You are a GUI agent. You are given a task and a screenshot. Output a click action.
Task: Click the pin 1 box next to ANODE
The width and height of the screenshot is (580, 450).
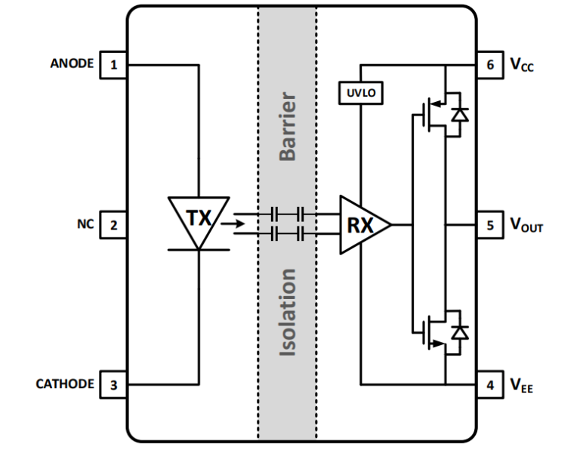114,64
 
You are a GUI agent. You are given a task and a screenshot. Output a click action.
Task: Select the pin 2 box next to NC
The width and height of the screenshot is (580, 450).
114,224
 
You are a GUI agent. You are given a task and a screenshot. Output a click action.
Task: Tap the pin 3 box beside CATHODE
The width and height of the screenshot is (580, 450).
114,384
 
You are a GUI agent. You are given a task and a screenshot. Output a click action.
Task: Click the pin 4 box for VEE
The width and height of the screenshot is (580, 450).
489,384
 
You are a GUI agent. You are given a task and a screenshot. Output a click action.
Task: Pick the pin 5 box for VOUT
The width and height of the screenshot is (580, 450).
489,224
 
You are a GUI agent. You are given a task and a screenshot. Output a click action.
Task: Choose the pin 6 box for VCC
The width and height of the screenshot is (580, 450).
489,64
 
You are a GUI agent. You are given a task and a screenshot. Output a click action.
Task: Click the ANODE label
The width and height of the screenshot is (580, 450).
72,63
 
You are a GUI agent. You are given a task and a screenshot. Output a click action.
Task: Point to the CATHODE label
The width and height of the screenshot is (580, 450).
65,384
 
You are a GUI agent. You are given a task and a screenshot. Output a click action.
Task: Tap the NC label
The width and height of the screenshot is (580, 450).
85,223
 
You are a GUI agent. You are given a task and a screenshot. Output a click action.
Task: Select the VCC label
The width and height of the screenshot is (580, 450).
520,65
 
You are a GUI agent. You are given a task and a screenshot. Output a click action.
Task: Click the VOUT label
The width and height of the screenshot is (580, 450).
526,225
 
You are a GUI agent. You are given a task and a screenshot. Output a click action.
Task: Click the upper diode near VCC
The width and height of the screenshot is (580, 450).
458,115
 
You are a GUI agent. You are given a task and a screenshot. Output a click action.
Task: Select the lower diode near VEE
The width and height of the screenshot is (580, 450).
458,331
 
